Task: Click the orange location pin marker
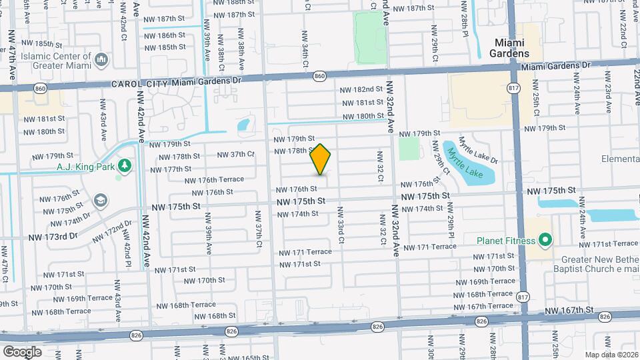[x=321, y=159]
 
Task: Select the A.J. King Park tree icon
[x=125, y=165]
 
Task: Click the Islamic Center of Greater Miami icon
[x=101, y=61]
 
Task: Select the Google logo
[x=22, y=351]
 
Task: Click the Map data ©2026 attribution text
[x=611, y=354]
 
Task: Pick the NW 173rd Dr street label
[x=52, y=237]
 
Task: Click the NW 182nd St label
[x=361, y=89]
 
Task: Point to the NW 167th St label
[x=569, y=310]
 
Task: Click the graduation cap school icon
[x=100, y=200]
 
